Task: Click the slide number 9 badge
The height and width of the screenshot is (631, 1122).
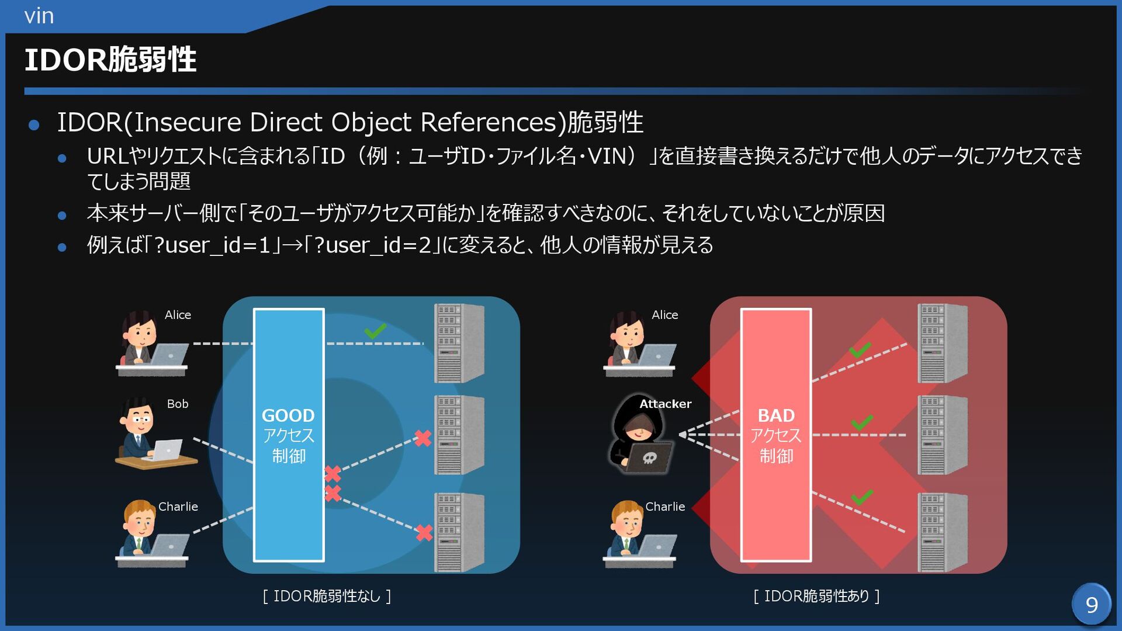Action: [1091, 604]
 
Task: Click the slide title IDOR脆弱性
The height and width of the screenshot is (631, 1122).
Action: [110, 60]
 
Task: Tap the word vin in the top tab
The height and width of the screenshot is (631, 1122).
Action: [39, 16]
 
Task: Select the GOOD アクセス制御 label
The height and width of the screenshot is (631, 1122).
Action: [288, 435]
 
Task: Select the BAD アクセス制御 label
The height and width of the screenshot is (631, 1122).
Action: [775, 435]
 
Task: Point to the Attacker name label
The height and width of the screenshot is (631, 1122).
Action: [665, 404]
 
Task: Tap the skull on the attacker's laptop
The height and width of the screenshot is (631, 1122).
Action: [649, 457]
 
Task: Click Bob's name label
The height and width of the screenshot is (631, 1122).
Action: [178, 404]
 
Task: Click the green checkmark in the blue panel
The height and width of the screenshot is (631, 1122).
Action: [375, 331]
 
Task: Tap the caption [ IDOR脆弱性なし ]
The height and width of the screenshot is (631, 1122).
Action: [327, 596]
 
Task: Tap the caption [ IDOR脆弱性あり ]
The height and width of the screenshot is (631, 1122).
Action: [816, 596]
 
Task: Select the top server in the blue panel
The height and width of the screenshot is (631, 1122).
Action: [459, 343]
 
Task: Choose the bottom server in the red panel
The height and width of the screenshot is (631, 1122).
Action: [942, 532]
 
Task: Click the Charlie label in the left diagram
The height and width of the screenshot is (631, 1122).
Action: [178, 507]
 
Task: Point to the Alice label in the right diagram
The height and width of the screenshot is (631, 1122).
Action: [665, 315]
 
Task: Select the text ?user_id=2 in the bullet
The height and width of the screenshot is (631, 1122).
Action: [372, 245]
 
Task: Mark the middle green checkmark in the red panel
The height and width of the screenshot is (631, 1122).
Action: [862, 422]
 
